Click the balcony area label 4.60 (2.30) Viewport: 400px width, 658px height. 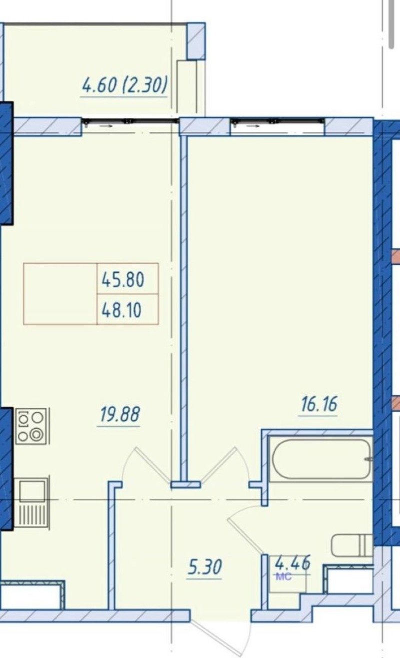(124, 85)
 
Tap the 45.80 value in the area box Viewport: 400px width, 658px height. (123, 280)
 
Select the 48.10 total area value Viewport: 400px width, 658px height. (121, 310)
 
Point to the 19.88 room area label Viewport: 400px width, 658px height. (119, 414)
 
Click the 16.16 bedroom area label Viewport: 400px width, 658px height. (319, 404)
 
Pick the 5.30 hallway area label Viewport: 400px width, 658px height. (204, 567)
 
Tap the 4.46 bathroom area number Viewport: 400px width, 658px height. (292, 563)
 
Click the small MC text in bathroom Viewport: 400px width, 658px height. (283, 577)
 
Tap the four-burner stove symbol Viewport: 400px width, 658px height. (31, 426)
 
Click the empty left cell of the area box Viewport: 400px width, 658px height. (60, 294)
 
